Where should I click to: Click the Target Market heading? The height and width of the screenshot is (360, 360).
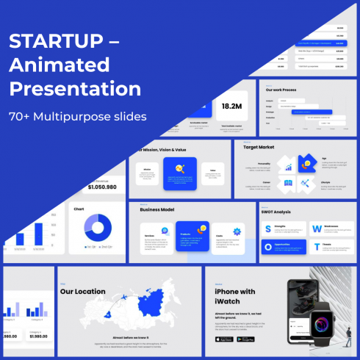[x=259, y=147]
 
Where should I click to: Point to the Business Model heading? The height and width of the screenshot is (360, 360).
[x=157, y=210]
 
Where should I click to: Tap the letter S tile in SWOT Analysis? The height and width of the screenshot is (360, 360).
[x=268, y=229]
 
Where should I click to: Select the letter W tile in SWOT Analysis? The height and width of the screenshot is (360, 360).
[x=316, y=229]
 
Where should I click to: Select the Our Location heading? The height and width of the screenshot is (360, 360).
[x=83, y=291]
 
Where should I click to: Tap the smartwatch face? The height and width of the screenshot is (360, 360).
[x=321, y=322]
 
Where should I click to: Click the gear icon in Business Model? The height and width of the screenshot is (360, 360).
[x=237, y=233]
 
